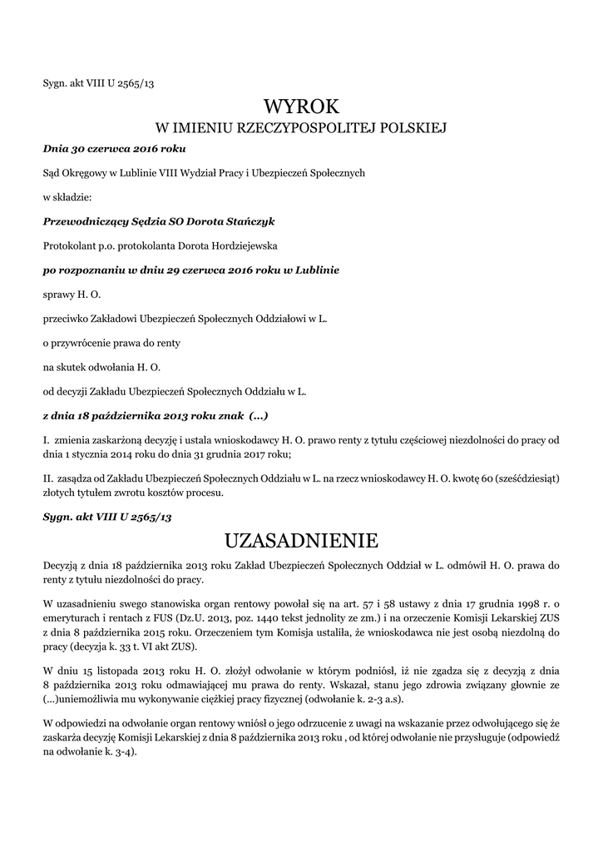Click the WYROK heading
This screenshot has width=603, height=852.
(x=302, y=106)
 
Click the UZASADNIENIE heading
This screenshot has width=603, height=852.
(x=301, y=541)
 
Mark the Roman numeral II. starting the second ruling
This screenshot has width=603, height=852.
(x=48, y=479)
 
